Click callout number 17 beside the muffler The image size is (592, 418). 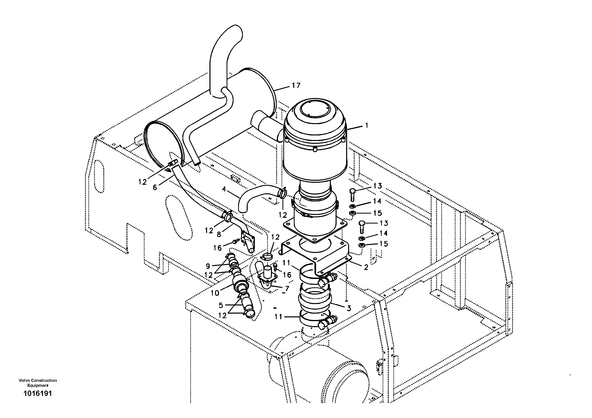(x=296, y=85)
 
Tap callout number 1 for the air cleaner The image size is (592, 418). (x=366, y=125)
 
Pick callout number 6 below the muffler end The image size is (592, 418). (x=155, y=187)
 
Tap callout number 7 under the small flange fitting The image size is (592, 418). (x=287, y=288)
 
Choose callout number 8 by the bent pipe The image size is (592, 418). (x=219, y=234)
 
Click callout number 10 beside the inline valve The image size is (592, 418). (x=215, y=293)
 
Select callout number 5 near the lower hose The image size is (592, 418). (x=221, y=305)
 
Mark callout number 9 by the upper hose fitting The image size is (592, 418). (x=208, y=266)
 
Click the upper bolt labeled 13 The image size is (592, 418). (x=352, y=192)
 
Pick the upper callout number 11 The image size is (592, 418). (x=286, y=263)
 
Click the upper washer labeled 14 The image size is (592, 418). (x=352, y=206)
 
